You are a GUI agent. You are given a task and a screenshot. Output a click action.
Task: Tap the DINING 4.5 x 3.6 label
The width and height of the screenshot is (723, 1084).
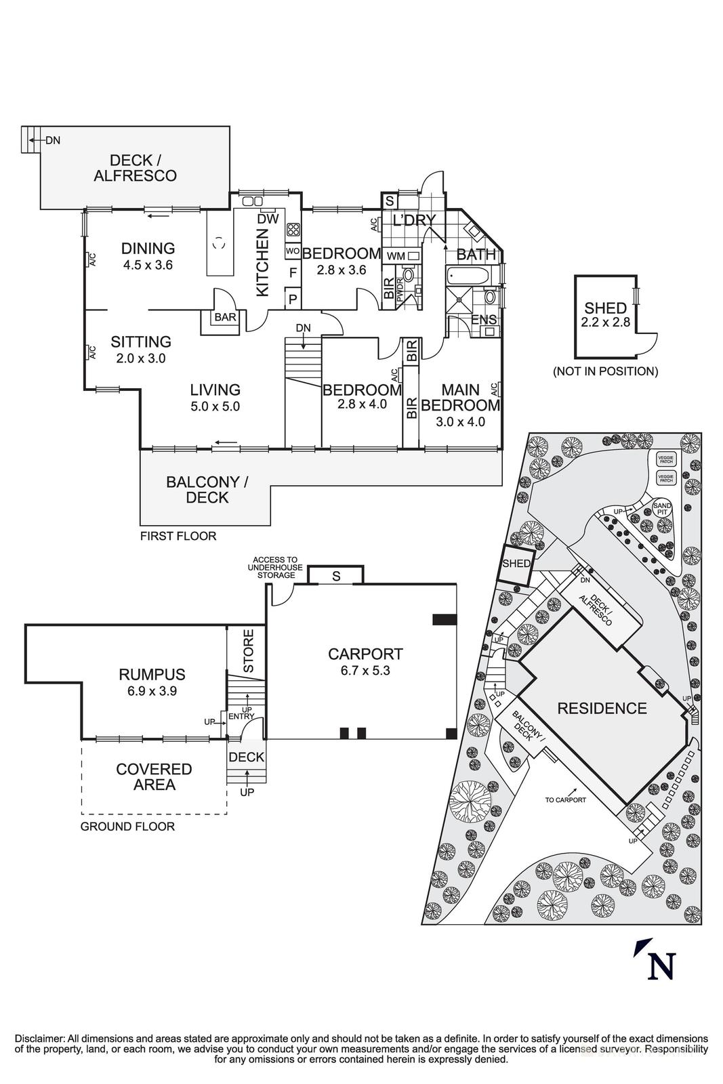point(148,256)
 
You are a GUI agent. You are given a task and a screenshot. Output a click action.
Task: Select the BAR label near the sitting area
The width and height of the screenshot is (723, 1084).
point(225,317)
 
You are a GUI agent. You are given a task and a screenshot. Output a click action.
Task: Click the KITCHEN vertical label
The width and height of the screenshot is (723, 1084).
point(262,262)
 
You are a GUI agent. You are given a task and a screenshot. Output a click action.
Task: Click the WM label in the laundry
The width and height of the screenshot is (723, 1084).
point(394,256)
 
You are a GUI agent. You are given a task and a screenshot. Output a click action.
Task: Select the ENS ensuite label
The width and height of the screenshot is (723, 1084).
point(484,320)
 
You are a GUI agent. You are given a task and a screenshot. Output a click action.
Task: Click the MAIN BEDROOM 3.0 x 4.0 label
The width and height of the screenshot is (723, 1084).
point(461,405)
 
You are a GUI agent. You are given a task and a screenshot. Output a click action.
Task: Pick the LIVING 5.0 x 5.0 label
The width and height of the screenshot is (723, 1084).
point(215,398)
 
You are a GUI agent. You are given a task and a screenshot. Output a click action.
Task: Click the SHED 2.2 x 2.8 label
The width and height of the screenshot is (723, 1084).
point(605,315)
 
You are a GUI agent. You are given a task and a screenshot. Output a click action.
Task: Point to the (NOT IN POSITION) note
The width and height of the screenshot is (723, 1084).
point(605,371)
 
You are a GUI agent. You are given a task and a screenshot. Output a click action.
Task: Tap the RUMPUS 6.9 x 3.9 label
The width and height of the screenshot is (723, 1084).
point(152,682)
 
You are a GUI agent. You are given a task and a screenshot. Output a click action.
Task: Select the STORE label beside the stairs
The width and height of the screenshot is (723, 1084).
point(248,651)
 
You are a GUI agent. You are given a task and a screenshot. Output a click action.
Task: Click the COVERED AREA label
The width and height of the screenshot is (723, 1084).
point(154,777)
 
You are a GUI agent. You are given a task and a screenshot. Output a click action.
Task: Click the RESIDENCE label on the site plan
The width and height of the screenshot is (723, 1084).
point(602,709)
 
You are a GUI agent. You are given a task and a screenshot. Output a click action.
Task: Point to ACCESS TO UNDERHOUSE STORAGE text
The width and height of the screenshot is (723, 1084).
point(276,568)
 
